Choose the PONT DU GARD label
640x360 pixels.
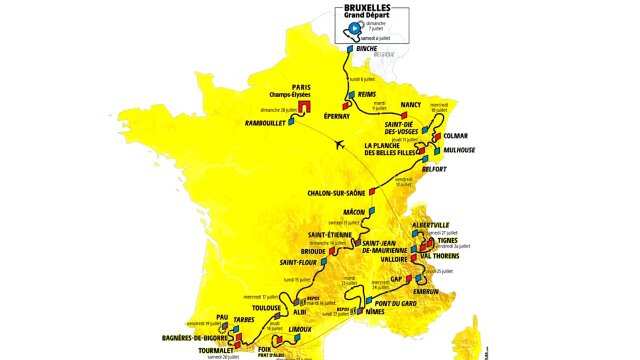(394, 303)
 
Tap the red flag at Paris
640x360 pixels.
(305, 106)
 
